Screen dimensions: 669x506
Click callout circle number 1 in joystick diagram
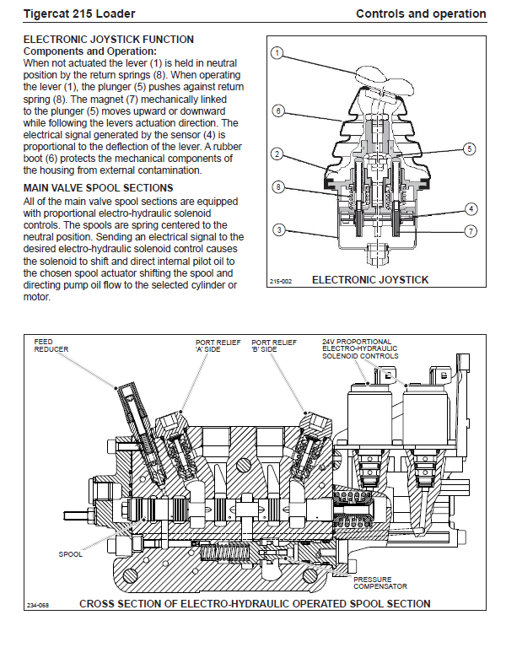[277, 53]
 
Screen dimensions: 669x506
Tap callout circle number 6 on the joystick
[277, 111]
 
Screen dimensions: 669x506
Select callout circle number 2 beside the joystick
[277, 154]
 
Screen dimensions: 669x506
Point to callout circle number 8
[277, 186]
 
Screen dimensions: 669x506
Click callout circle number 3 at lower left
[277, 229]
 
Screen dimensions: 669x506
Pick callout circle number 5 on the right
[470, 148]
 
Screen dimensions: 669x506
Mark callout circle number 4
[471, 208]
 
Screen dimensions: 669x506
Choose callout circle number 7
[471, 230]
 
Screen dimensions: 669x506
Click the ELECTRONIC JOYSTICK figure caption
[370, 279]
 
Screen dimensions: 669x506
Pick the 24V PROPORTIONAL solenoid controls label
[360, 348]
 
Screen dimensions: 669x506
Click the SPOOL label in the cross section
[70, 554]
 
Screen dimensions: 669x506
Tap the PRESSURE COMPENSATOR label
[379, 582]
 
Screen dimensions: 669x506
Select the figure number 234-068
[37, 606]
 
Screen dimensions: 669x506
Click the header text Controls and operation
[421, 13]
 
